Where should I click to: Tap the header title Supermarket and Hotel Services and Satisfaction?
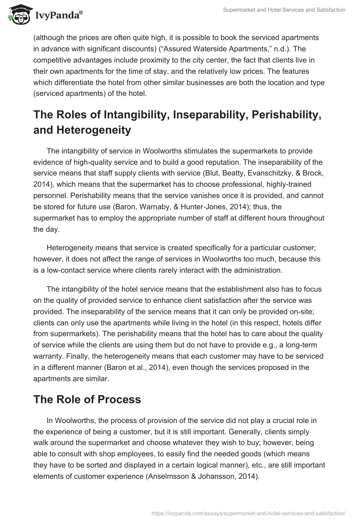284,10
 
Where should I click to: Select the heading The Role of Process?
87,399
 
